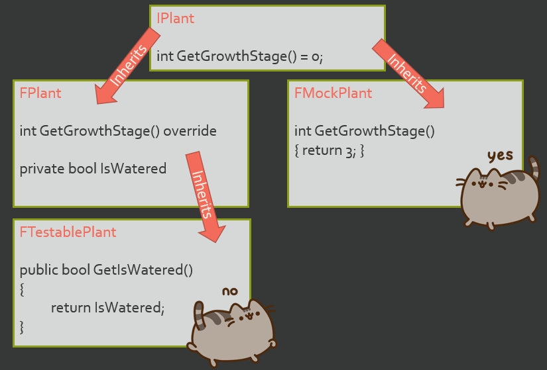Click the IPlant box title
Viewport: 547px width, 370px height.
(175, 18)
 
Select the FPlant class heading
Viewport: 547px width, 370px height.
(40, 93)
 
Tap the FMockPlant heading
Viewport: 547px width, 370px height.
(333, 93)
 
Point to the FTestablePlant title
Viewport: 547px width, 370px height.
(68, 232)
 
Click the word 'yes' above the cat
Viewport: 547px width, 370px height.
(500, 156)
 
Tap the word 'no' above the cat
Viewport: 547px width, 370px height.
(229, 291)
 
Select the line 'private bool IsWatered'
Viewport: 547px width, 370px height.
(93, 168)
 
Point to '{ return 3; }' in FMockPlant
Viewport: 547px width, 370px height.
(330, 150)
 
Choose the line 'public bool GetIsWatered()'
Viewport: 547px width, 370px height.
(106, 269)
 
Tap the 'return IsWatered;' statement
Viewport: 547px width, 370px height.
(107, 307)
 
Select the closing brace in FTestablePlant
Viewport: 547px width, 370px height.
(22, 326)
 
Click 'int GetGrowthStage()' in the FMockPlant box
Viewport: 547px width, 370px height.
(364, 131)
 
